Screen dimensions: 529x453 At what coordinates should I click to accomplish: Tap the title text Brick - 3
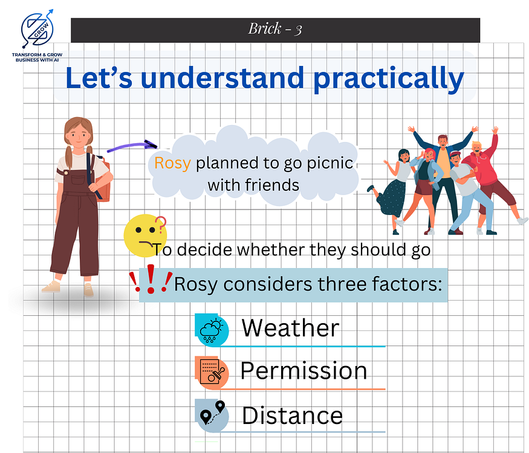click(275, 29)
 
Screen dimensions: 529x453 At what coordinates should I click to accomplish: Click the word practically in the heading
click(389, 79)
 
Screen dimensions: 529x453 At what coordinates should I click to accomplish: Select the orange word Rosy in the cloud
click(172, 163)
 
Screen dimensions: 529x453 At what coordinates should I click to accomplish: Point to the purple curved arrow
click(132, 146)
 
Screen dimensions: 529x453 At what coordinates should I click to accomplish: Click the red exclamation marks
click(151, 278)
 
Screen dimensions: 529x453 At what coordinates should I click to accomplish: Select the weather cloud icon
click(212, 330)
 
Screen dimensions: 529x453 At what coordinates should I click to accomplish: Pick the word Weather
click(290, 328)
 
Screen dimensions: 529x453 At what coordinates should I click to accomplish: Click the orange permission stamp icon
click(212, 373)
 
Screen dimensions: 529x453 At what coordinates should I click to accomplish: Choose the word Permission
click(303, 371)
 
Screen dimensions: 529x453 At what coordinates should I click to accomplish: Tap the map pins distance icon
click(212, 416)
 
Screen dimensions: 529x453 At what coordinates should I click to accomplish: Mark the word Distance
click(292, 416)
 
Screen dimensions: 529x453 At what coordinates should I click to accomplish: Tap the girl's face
click(78, 135)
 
